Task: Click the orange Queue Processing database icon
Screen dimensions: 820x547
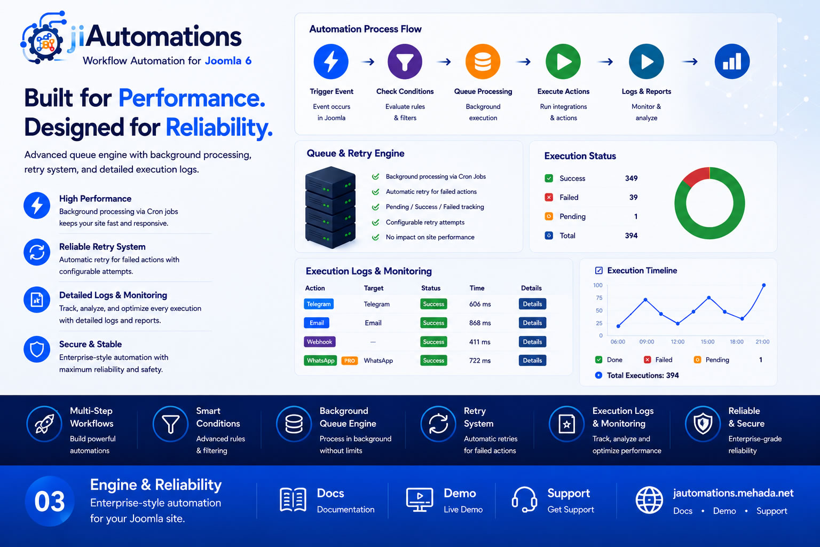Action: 483,61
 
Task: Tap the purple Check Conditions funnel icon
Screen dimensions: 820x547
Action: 405,61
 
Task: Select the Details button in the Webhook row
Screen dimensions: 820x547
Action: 532,341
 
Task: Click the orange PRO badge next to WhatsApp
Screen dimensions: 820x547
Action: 349,361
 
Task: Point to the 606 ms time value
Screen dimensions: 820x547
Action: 480,304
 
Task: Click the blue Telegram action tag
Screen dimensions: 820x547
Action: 319,304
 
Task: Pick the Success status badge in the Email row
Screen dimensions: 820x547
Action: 433,323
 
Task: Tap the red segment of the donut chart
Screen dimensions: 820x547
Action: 694,176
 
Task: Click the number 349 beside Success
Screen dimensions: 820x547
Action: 631,178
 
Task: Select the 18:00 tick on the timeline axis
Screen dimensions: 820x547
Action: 737,341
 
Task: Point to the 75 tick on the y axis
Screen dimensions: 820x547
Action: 599,298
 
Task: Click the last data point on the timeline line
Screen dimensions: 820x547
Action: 763,285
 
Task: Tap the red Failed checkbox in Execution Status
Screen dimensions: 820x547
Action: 549,198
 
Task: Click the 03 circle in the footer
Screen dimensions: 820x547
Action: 50,501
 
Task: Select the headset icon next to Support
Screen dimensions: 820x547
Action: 524,499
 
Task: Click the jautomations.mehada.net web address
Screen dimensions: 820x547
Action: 733,493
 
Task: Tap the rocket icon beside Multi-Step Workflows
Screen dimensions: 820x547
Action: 44,424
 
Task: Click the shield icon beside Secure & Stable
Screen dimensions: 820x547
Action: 37,349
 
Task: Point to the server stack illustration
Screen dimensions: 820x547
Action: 330,207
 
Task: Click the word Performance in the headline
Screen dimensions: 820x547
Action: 192,98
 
